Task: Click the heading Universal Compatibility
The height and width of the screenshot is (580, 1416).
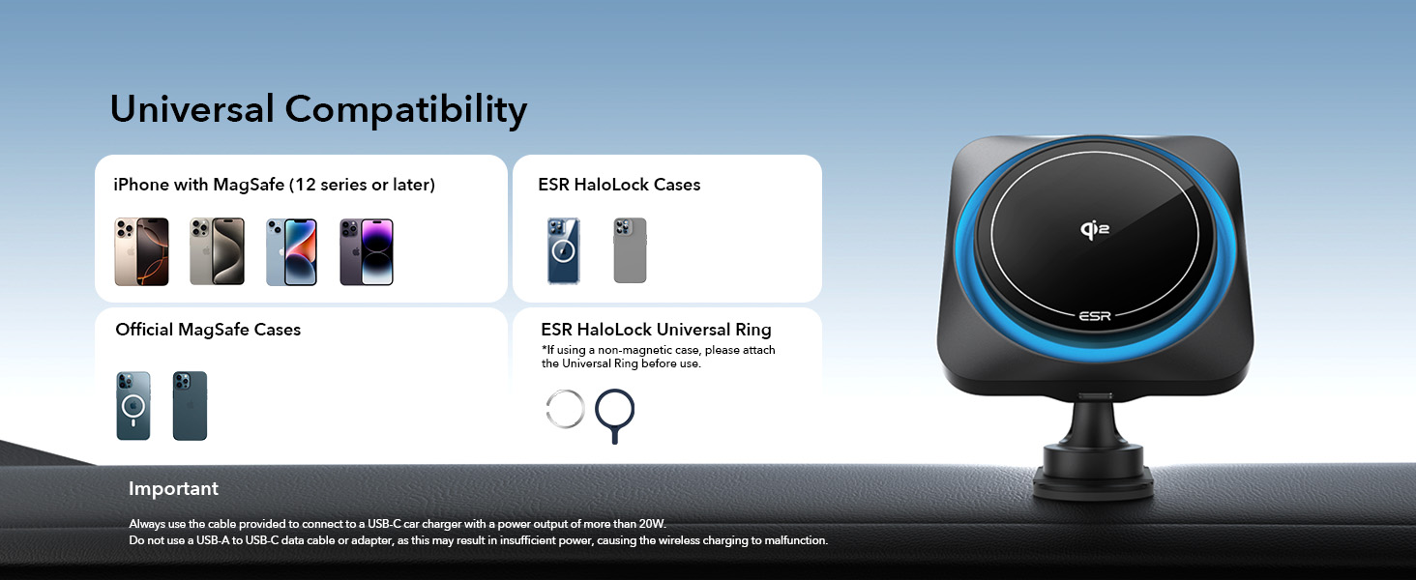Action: click(318, 109)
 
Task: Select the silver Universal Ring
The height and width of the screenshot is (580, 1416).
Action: click(565, 410)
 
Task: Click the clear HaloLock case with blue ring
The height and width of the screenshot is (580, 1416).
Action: click(564, 251)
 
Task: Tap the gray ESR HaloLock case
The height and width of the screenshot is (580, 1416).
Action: click(630, 251)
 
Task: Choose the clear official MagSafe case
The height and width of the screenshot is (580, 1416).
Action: click(133, 406)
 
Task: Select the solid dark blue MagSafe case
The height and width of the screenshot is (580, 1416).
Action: click(190, 406)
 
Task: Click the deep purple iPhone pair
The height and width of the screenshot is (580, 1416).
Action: click(367, 252)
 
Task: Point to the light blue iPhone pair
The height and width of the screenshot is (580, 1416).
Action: click(291, 252)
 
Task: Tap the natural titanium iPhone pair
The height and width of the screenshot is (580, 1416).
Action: click(217, 252)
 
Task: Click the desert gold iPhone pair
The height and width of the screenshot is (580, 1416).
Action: click(141, 252)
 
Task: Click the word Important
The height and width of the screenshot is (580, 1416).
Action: click(173, 489)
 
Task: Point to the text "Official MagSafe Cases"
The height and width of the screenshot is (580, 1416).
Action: click(208, 330)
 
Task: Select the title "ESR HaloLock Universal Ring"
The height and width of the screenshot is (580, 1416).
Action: click(656, 330)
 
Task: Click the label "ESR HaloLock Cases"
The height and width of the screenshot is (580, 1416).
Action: click(619, 185)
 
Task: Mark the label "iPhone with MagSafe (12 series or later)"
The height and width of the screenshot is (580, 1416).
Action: click(274, 185)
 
